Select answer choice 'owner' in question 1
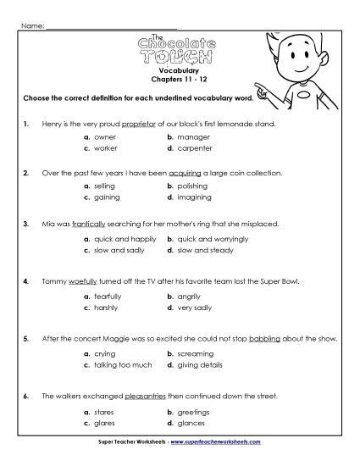click(105, 136)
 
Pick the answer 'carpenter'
click(194, 147)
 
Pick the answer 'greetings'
click(194, 411)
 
